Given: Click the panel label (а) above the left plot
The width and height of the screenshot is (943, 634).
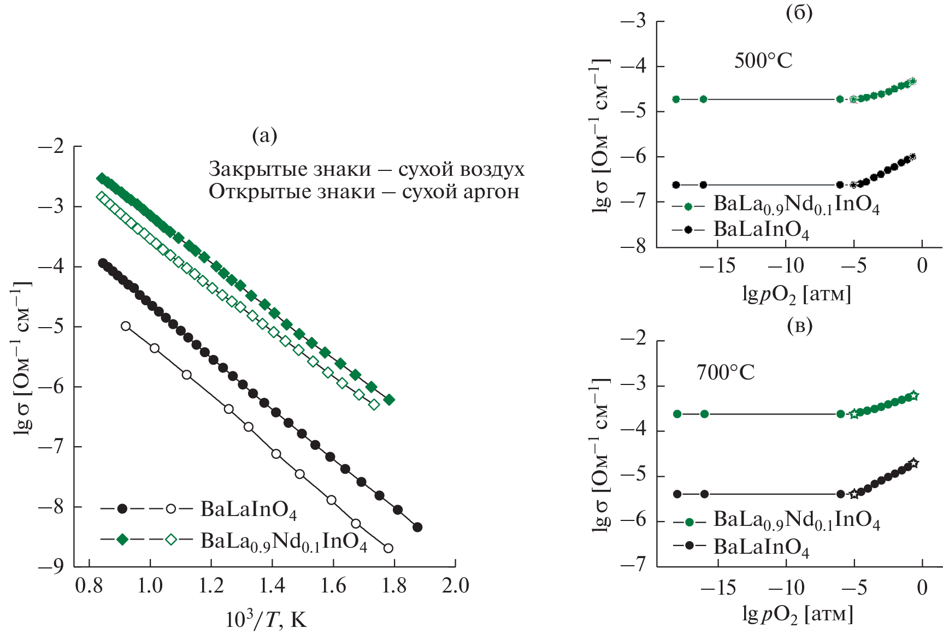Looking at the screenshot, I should pos(264,135).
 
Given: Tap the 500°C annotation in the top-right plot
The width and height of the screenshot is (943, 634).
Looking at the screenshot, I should pos(763,61).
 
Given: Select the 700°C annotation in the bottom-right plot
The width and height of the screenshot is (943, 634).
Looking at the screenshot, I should pos(725,372).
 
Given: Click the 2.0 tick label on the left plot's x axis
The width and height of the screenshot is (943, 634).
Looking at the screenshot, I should pos(455,585).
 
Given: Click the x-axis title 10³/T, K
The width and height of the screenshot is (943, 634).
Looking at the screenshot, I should pos(266,620).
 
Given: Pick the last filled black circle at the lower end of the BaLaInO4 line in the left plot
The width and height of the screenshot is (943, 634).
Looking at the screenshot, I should pos(417,527).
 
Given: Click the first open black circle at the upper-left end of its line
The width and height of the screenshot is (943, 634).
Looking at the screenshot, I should pos(126,326).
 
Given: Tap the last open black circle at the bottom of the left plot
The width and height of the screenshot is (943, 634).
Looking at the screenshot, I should pos(388,548).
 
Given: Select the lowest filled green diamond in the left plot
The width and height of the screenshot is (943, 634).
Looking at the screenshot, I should pos(389,400).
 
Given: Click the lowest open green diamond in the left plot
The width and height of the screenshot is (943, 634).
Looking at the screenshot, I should pos(374,405).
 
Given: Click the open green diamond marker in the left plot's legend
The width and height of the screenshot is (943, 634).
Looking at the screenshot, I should pos(171,540).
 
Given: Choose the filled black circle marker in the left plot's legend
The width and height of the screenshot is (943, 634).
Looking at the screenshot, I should pos(122,508).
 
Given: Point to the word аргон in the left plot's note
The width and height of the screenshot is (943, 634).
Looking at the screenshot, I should pos(487,192).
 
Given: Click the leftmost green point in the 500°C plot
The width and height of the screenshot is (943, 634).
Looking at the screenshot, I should pos(676,99).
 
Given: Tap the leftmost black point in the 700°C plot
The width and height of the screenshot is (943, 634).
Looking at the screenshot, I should pos(677,494).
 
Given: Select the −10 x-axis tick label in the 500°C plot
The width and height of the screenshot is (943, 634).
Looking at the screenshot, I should pos(786,266).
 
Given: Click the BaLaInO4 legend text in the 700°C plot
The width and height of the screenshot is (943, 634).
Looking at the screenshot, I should pos(761,547).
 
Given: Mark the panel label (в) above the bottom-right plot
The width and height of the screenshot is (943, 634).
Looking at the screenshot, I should pos(799,325).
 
